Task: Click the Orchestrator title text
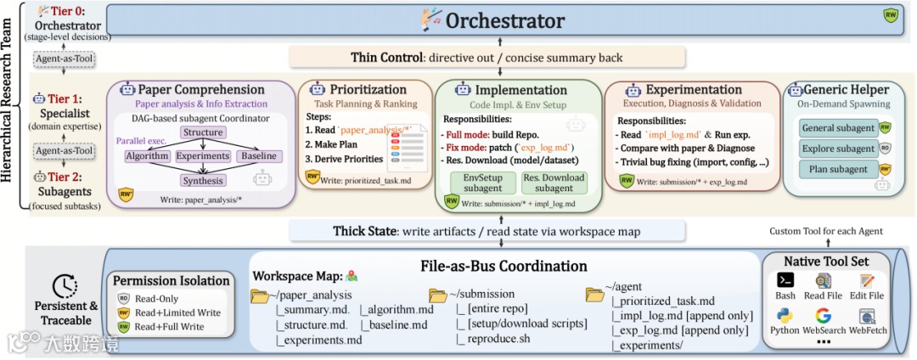tap(504, 20)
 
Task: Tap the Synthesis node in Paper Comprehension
tap(204, 181)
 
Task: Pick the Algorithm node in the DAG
tap(147, 156)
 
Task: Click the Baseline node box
tap(258, 156)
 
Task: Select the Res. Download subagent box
tap(554, 183)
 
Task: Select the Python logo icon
tap(785, 316)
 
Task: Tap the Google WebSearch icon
tap(824, 316)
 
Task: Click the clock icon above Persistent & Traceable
tap(65, 286)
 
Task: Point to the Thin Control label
tap(387, 58)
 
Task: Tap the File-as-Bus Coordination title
tap(504, 266)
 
